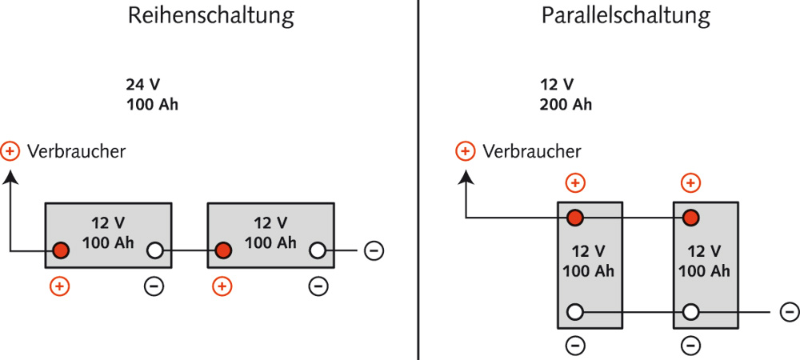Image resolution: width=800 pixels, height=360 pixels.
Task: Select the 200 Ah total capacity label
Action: (566, 104)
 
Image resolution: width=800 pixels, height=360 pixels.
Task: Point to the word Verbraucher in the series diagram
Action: (76, 151)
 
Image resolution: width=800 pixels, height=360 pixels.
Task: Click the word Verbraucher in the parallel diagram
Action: (532, 151)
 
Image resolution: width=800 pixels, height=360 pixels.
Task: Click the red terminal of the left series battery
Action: (61, 250)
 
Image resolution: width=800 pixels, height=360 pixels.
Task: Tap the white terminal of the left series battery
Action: (155, 250)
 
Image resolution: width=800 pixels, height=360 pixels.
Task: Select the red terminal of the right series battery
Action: (224, 250)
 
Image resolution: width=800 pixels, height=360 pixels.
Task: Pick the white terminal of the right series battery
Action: (318, 250)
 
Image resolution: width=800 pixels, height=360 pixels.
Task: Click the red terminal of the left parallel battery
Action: (574, 218)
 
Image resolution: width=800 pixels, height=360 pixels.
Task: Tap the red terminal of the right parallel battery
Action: (690, 218)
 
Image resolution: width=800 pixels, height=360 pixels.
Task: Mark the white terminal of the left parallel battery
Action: (574, 312)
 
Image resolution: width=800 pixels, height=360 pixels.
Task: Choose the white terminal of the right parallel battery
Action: (690, 312)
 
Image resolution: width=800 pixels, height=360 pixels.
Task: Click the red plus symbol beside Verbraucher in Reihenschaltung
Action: (10, 150)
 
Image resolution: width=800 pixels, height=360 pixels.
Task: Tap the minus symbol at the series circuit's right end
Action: (374, 250)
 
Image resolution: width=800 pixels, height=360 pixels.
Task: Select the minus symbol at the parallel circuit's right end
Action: (788, 312)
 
